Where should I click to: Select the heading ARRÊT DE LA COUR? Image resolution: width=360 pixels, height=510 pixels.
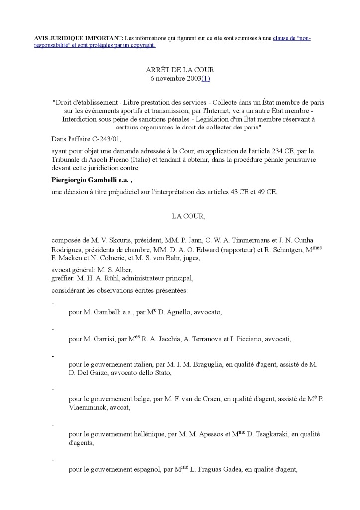180,70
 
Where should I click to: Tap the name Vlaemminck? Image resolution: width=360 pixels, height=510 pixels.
87,407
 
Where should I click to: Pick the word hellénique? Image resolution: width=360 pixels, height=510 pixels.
149,434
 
